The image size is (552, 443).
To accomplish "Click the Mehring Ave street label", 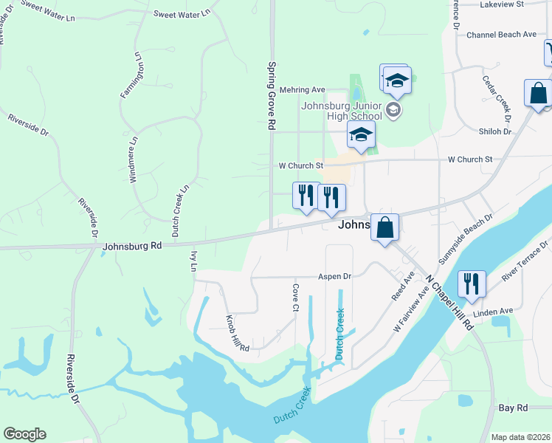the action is click(308, 89).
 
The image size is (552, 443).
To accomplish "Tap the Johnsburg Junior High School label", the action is click(342, 110).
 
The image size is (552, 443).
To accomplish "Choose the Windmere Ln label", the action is click(134, 159).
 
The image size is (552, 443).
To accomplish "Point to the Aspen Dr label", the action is click(334, 276).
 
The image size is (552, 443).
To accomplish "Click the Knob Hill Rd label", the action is click(238, 333).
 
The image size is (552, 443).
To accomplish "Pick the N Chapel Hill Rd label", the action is click(449, 303).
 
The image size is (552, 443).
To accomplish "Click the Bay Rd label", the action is click(513, 408).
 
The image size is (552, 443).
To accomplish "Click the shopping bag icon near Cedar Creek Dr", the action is click(537, 94).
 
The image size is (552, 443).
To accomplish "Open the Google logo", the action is click(24, 434).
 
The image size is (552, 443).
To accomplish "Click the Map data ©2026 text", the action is click(520, 437).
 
